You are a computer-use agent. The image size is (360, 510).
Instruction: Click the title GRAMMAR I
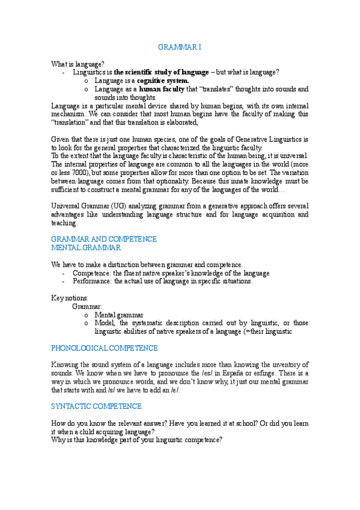[180, 47]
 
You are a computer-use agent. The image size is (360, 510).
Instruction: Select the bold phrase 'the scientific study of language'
[162, 72]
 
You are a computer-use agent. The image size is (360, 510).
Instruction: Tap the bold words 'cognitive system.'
[163, 81]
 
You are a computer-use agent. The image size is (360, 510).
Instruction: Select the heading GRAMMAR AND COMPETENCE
[104, 239]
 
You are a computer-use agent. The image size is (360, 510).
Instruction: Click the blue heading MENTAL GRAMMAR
[86, 247]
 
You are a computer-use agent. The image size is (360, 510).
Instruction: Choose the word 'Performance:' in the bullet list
[91, 281]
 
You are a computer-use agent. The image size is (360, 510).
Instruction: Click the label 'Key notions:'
[70, 298]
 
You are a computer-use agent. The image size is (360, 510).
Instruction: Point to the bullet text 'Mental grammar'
[119, 315]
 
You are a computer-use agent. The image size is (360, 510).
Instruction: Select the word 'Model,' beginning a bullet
[105, 323]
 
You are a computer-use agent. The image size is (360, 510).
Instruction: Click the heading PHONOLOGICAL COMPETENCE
[105, 348]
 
